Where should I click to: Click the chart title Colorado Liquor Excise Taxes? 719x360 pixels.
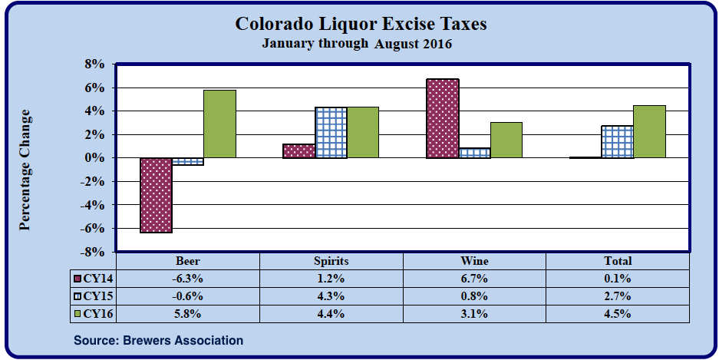(x=361, y=25)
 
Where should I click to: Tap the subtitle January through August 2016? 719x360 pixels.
(x=357, y=44)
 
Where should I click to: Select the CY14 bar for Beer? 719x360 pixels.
(x=156, y=195)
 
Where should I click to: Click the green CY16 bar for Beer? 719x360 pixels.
(x=219, y=124)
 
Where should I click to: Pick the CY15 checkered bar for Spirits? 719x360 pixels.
(x=331, y=132)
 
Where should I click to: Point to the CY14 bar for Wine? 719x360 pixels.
(x=443, y=118)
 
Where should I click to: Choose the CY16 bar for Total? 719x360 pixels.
(x=648, y=131)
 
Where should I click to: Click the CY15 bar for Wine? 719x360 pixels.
(x=474, y=153)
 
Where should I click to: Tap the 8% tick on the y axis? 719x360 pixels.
(x=94, y=64)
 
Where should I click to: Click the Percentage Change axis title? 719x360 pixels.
(x=25, y=170)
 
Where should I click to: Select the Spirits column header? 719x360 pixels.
(x=331, y=261)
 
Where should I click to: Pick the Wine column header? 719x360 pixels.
(x=474, y=261)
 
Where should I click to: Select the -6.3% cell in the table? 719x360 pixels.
(x=188, y=279)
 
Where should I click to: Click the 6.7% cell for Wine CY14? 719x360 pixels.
(x=474, y=279)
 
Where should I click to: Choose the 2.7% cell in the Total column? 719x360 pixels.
(x=617, y=296)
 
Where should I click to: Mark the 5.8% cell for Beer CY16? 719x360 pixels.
(x=188, y=313)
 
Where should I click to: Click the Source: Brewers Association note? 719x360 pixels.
(x=158, y=340)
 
